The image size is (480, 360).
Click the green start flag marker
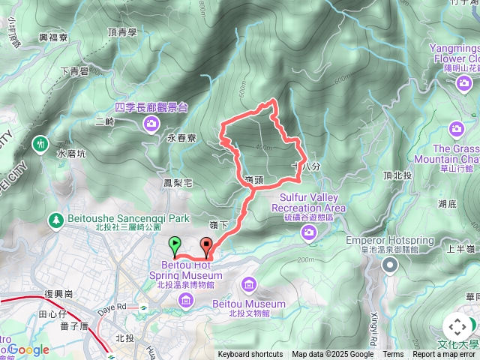(x=174, y=244)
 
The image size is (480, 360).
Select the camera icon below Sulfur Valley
(x=309, y=234)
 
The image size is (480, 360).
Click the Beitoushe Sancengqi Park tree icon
(x=55, y=220)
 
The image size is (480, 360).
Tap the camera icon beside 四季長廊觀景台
(x=152, y=123)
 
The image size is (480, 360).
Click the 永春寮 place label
(x=181, y=139)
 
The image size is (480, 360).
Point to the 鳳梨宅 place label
(x=178, y=182)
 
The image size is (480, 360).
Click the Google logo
(x=28, y=349)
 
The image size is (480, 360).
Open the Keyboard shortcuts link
(x=250, y=355)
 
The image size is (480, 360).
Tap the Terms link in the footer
(x=393, y=355)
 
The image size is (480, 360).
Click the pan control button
(x=457, y=327)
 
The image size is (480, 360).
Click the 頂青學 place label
(x=122, y=32)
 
